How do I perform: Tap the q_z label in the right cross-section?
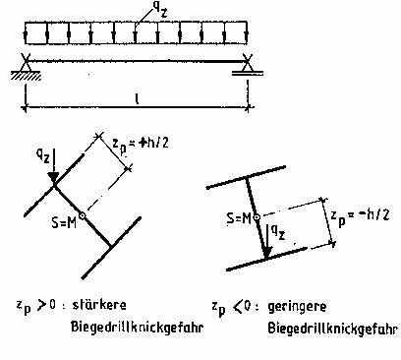(x=281, y=234)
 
